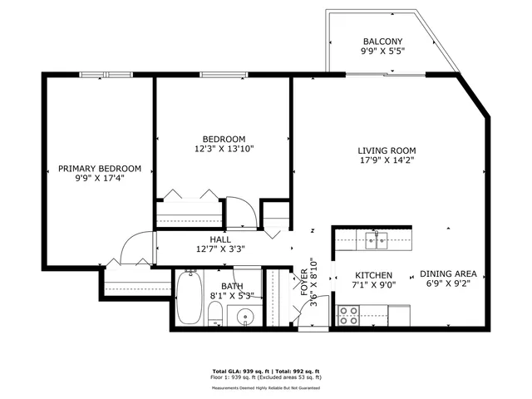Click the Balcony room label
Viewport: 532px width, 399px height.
(x=382, y=42)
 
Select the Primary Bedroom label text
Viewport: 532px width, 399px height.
(x=99, y=168)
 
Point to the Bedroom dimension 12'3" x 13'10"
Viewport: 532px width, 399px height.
(x=224, y=150)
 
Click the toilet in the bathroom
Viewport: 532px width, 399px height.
(x=214, y=315)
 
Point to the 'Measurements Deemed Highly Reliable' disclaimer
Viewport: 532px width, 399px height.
(x=266, y=387)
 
